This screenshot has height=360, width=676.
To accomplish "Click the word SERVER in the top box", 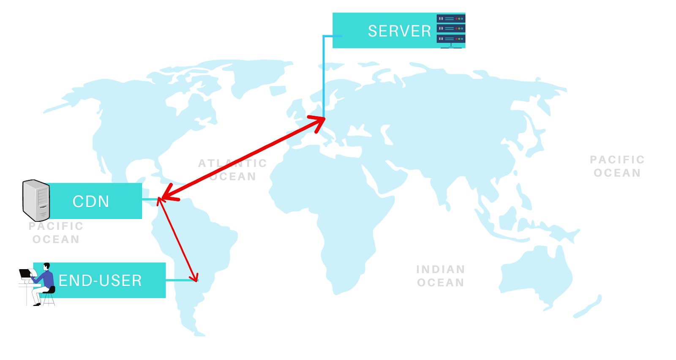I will [x=399, y=31].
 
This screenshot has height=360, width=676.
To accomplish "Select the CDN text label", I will [x=91, y=202].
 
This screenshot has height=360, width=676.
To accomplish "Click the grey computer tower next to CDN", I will [x=36, y=200].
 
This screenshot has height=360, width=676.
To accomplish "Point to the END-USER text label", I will [x=100, y=281].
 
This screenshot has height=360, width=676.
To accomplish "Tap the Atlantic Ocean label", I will [x=232, y=169].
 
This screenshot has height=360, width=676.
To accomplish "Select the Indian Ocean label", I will [x=441, y=276].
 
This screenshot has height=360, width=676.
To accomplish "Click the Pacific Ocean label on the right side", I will [x=617, y=166].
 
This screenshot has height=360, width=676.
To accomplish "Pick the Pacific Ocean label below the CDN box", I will [x=56, y=233].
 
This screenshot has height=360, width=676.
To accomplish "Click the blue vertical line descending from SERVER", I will [x=324, y=76].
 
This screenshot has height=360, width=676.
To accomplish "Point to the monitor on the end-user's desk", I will [x=25, y=273].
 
